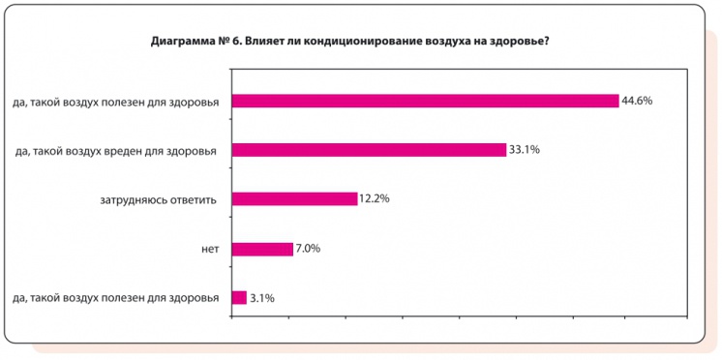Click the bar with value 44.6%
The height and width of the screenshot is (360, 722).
(x=425, y=101)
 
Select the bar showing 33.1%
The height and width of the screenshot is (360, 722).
(x=369, y=150)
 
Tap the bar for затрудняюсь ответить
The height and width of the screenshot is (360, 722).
(x=295, y=199)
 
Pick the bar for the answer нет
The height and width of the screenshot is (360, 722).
(x=262, y=249)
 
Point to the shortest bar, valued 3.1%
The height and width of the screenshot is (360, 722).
(x=239, y=298)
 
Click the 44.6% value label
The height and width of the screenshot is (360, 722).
(x=638, y=101)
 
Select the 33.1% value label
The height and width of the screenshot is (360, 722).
(x=526, y=150)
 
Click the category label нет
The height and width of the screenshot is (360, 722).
(x=210, y=249)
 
